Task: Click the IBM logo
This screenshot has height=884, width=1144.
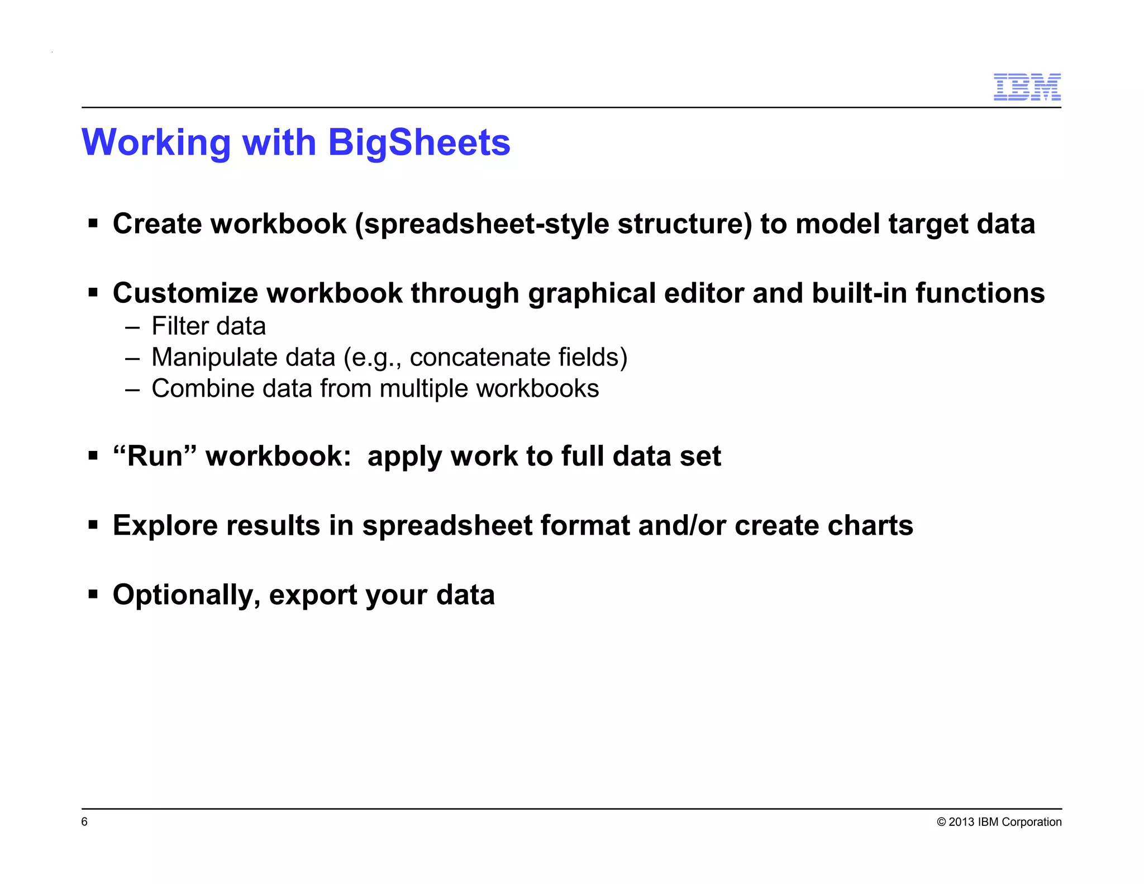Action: coord(1027,87)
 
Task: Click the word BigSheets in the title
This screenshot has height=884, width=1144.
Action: coord(419,142)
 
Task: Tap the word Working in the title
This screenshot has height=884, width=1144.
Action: coord(156,142)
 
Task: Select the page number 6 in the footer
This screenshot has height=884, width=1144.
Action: coord(84,821)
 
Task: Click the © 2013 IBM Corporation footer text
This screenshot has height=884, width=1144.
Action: coord(999,822)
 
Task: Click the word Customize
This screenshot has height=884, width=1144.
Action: coord(185,293)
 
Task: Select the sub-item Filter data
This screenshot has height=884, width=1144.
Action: coord(208,326)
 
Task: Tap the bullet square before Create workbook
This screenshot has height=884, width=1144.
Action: coord(93,225)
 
